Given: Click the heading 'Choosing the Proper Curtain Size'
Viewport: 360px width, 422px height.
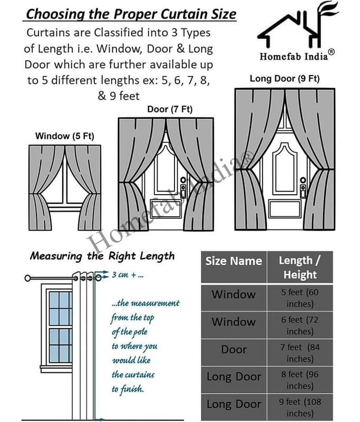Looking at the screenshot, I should click(132, 14).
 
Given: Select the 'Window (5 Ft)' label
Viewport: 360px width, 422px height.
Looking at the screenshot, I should click(64, 136).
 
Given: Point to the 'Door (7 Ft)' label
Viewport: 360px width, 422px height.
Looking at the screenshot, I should click(170, 110).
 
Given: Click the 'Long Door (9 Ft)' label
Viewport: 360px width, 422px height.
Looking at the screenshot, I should click(285, 79).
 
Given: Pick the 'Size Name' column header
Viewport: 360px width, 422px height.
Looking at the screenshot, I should click(233, 261).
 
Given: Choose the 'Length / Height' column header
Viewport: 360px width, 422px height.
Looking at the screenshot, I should click(299, 267).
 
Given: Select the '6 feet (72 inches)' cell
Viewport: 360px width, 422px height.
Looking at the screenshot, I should click(299, 325).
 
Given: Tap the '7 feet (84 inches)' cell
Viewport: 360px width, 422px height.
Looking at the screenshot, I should click(299, 353).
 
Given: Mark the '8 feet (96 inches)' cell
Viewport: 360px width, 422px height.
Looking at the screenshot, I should click(299, 380).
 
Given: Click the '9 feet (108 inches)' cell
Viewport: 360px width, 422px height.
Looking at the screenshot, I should click(299, 407).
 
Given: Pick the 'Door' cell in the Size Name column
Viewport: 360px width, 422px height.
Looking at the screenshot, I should click(233, 350).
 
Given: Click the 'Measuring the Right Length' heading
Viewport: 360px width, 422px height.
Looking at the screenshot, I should click(102, 256).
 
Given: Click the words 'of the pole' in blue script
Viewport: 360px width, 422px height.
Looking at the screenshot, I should click(129, 332).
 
